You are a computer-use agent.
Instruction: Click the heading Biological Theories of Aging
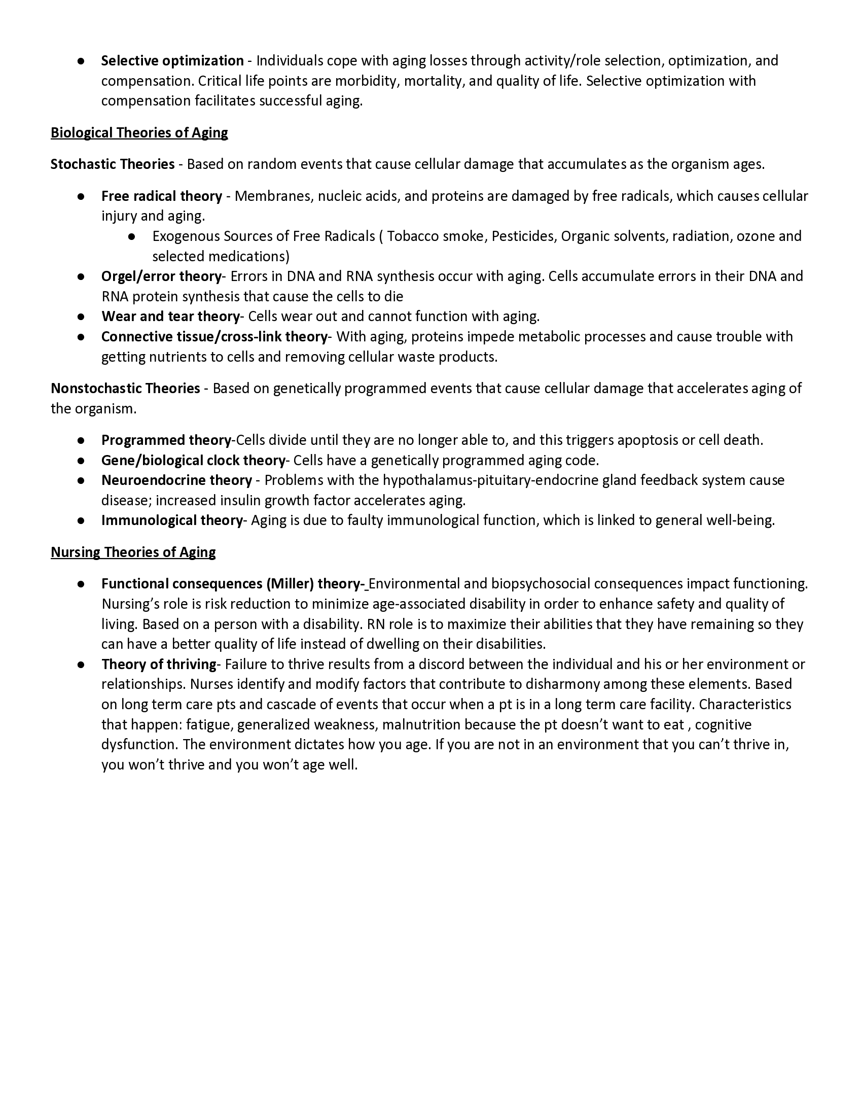coord(139,133)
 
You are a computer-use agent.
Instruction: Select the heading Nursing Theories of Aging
coord(133,552)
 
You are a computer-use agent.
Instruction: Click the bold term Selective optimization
coord(172,61)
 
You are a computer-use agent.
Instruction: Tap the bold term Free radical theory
coord(161,196)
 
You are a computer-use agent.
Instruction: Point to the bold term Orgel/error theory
coord(161,276)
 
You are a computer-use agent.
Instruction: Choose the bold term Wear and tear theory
coord(170,317)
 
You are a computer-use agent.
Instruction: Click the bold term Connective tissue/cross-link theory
coord(214,337)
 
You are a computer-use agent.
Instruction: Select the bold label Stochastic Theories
coord(113,164)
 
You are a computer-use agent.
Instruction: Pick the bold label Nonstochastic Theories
coord(125,389)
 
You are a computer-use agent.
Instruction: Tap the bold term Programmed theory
coord(166,440)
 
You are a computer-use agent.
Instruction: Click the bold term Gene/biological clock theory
coord(193,461)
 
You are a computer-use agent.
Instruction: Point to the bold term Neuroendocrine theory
coord(176,481)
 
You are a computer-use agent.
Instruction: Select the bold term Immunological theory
coord(171,520)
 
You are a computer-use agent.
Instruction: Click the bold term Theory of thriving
coord(159,665)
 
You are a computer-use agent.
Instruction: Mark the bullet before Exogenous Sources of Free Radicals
coord(132,236)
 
